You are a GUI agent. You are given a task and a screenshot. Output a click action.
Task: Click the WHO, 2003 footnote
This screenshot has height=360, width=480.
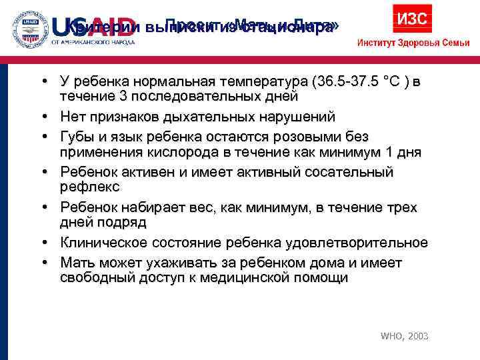[405, 337]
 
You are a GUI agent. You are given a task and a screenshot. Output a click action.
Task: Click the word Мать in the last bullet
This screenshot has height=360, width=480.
[79, 261]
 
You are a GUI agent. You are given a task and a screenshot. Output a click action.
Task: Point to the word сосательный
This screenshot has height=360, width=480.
[352, 172]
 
